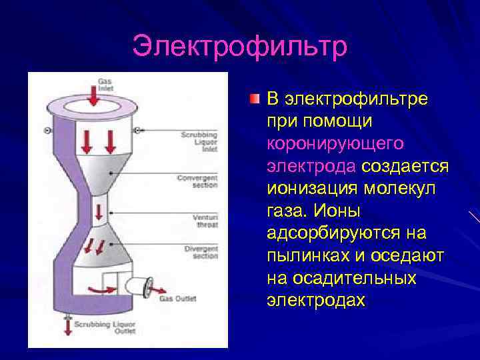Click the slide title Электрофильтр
click(x=240, y=47)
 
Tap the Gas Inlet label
click(x=105, y=84)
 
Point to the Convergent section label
click(x=197, y=181)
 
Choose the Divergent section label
click(x=199, y=253)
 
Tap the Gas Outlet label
click(x=178, y=299)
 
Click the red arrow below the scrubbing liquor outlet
click(x=67, y=327)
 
